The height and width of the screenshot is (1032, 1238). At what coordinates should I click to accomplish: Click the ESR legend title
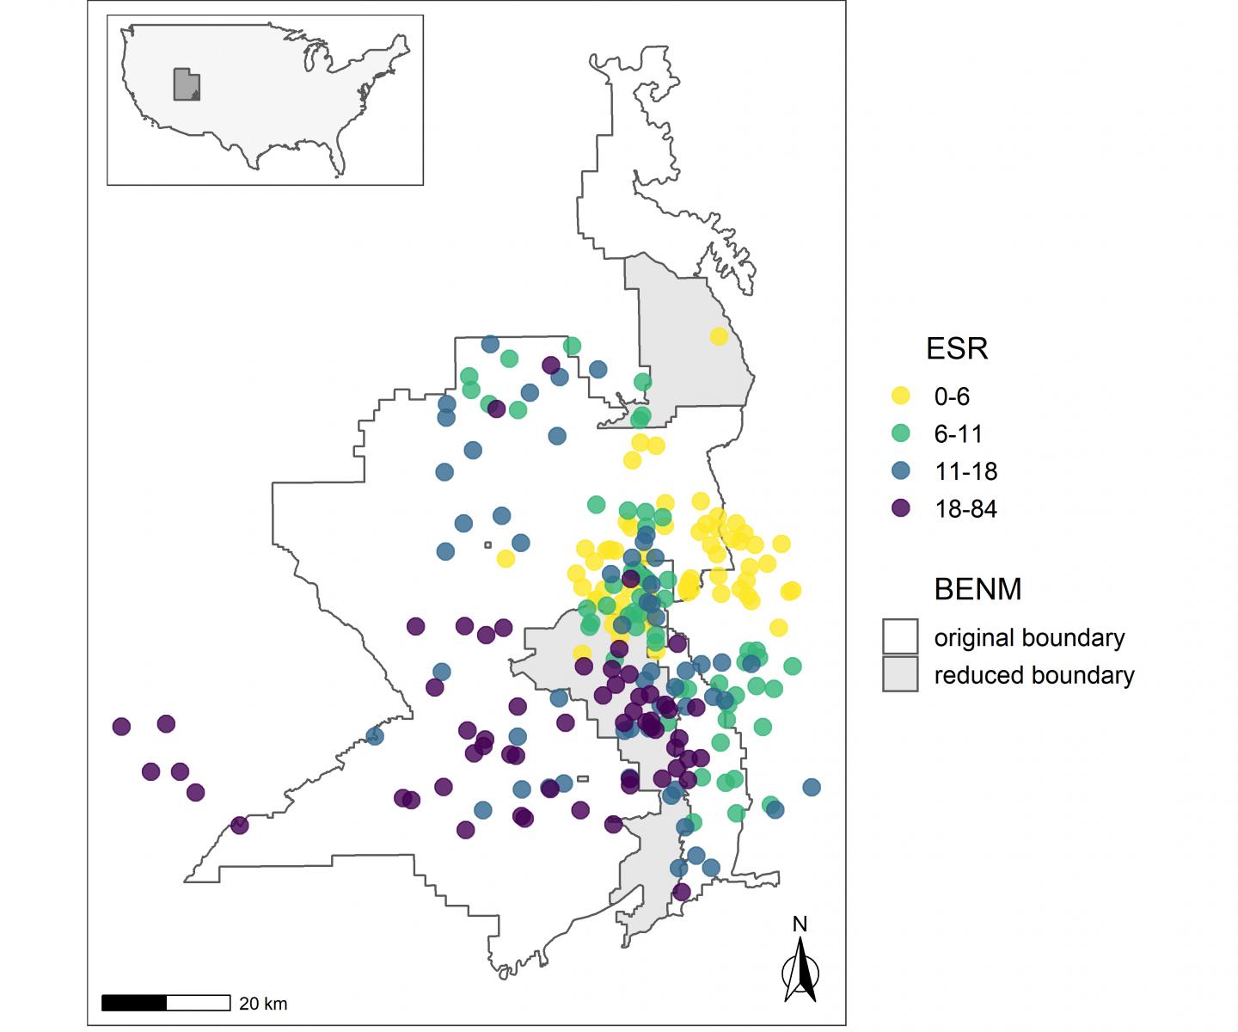(956, 349)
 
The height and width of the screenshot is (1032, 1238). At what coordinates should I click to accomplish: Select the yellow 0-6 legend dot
(900, 396)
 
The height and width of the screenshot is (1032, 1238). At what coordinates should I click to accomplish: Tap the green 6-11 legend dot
(900, 433)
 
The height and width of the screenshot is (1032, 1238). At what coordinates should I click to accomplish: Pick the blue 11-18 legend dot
(900, 471)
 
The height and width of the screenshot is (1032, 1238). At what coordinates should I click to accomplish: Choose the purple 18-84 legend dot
(900, 508)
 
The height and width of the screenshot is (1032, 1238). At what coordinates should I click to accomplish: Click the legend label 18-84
(965, 509)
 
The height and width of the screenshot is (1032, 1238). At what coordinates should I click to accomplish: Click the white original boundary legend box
(900, 637)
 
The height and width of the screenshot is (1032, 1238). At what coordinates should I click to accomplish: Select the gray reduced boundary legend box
(900, 675)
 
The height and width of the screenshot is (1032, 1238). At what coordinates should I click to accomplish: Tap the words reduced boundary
(1034, 676)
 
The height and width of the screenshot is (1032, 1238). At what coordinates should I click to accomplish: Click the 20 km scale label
(263, 1004)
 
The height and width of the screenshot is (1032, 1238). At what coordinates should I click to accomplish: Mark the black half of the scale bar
(134, 1003)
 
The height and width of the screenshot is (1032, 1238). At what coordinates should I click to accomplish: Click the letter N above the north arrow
(800, 924)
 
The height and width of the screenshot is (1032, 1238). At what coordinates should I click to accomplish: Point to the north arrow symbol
(800, 972)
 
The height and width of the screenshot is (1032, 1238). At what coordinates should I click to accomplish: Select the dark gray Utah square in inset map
(186, 84)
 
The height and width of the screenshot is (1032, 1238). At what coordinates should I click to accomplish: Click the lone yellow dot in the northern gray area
(719, 336)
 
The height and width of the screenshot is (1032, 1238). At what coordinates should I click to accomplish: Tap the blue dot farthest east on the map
(811, 787)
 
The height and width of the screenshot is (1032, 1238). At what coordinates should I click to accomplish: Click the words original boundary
(1029, 638)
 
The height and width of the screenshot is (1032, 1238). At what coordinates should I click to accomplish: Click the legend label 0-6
(952, 396)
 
